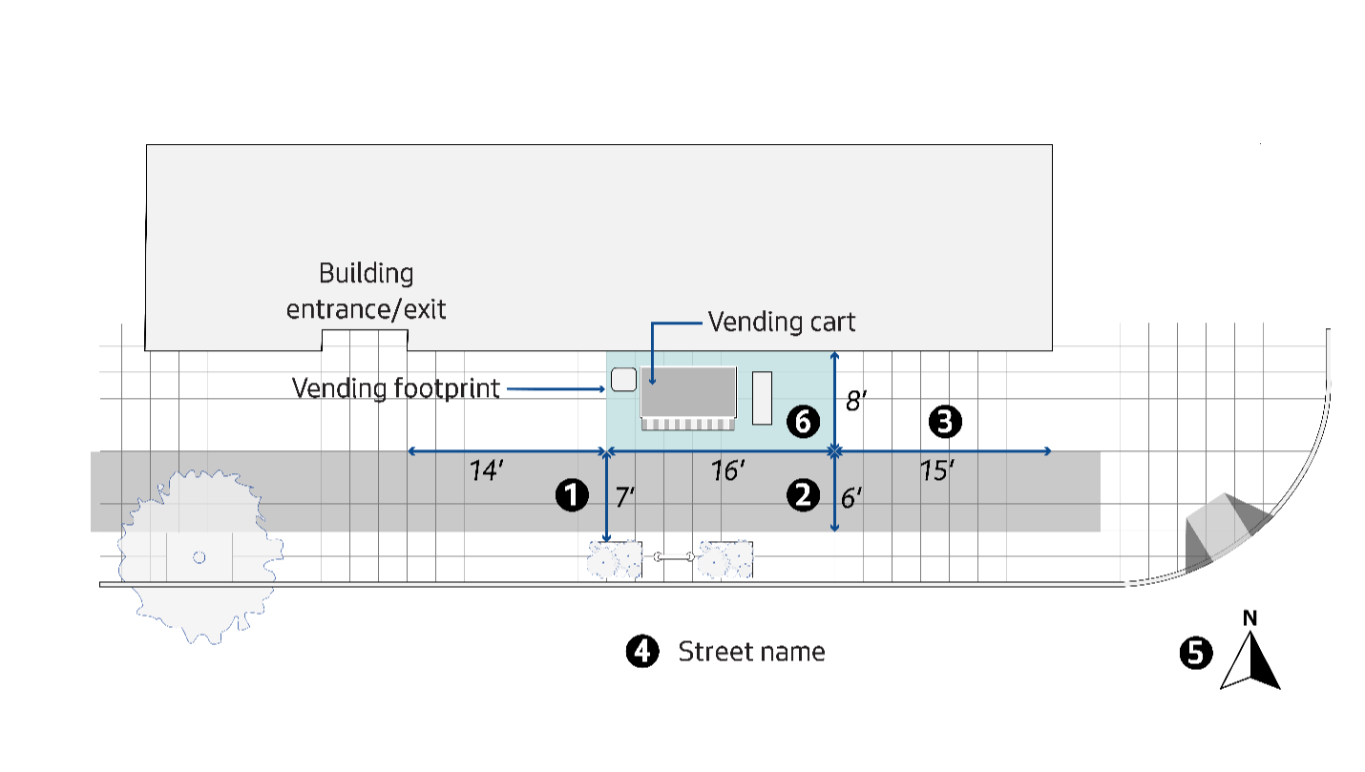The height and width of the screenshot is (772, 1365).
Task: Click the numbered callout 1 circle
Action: (572, 495)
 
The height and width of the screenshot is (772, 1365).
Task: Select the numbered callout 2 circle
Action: (802, 494)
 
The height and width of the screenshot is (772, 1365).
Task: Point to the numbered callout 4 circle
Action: (642, 652)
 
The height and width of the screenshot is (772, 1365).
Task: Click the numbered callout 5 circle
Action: (1196, 653)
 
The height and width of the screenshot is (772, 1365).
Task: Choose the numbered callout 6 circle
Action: (803, 421)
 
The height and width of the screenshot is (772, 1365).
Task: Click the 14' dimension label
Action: (487, 470)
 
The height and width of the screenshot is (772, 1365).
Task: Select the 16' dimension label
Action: (727, 470)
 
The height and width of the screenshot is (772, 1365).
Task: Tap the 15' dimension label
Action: (937, 470)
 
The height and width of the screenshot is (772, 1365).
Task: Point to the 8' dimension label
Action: (856, 400)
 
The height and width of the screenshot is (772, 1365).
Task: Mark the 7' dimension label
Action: (625, 496)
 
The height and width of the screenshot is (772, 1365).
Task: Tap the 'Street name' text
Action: (751, 652)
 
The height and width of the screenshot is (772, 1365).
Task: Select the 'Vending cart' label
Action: (781, 323)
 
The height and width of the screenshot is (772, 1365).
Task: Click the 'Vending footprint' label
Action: (395, 388)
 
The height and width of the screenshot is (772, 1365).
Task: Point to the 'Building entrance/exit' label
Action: (367, 291)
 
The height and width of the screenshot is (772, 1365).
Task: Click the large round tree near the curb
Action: (199, 556)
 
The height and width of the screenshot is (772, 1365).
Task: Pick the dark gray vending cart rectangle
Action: (687, 391)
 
